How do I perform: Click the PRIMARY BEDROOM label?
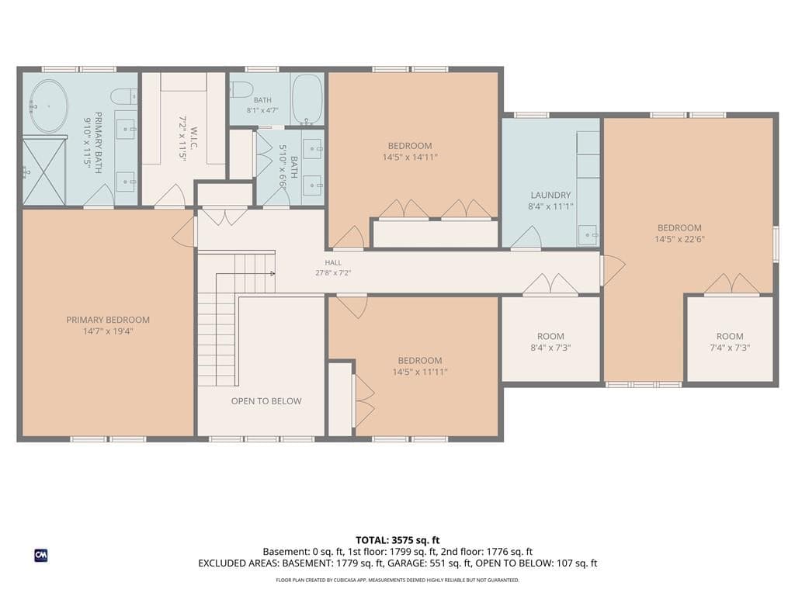tap(108, 320)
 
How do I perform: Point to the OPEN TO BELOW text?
tap(266, 401)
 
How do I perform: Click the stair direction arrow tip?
tap(274, 274)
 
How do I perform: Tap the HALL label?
tap(333, 262)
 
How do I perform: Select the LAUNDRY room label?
tap(550, 195)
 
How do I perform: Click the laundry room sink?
tap(588, 235)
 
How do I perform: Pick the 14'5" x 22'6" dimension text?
tap(679, 239)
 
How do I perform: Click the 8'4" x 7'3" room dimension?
tap(550, 348)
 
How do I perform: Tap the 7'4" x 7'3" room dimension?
tap(730, 348)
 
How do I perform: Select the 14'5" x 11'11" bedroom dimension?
tap(420, 372)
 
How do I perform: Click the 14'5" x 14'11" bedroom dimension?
tap(410, 157)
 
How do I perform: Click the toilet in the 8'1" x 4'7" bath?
tap(241, 89)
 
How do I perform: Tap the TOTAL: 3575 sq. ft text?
tap(397, 540)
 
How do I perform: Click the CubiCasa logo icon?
tap(41, 556)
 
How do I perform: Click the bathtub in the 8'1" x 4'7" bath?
tap(307, 99)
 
